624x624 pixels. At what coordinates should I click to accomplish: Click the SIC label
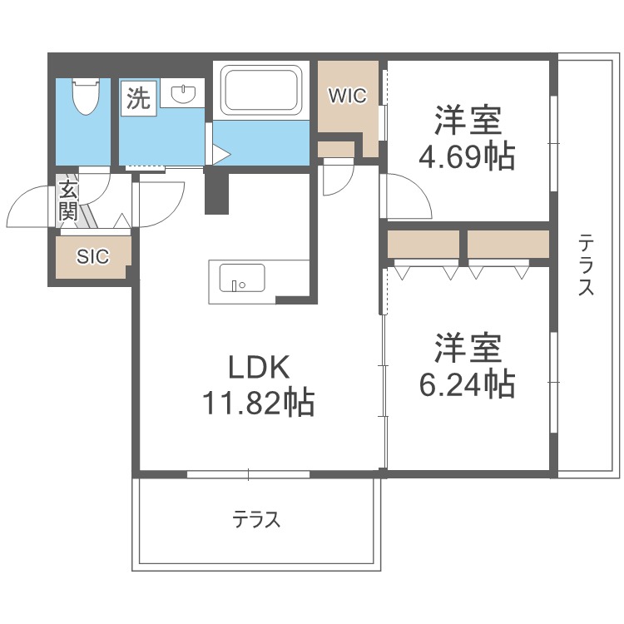tap(92, 257)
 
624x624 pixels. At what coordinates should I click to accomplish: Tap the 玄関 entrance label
tap(67, 201)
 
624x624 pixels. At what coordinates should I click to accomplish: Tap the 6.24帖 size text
tap(466, 384)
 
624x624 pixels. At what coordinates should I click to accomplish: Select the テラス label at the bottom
tap(256, 521)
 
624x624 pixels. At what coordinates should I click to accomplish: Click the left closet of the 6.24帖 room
tap(423, 245)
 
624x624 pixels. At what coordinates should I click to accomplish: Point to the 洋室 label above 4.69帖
tap(468, 121)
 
